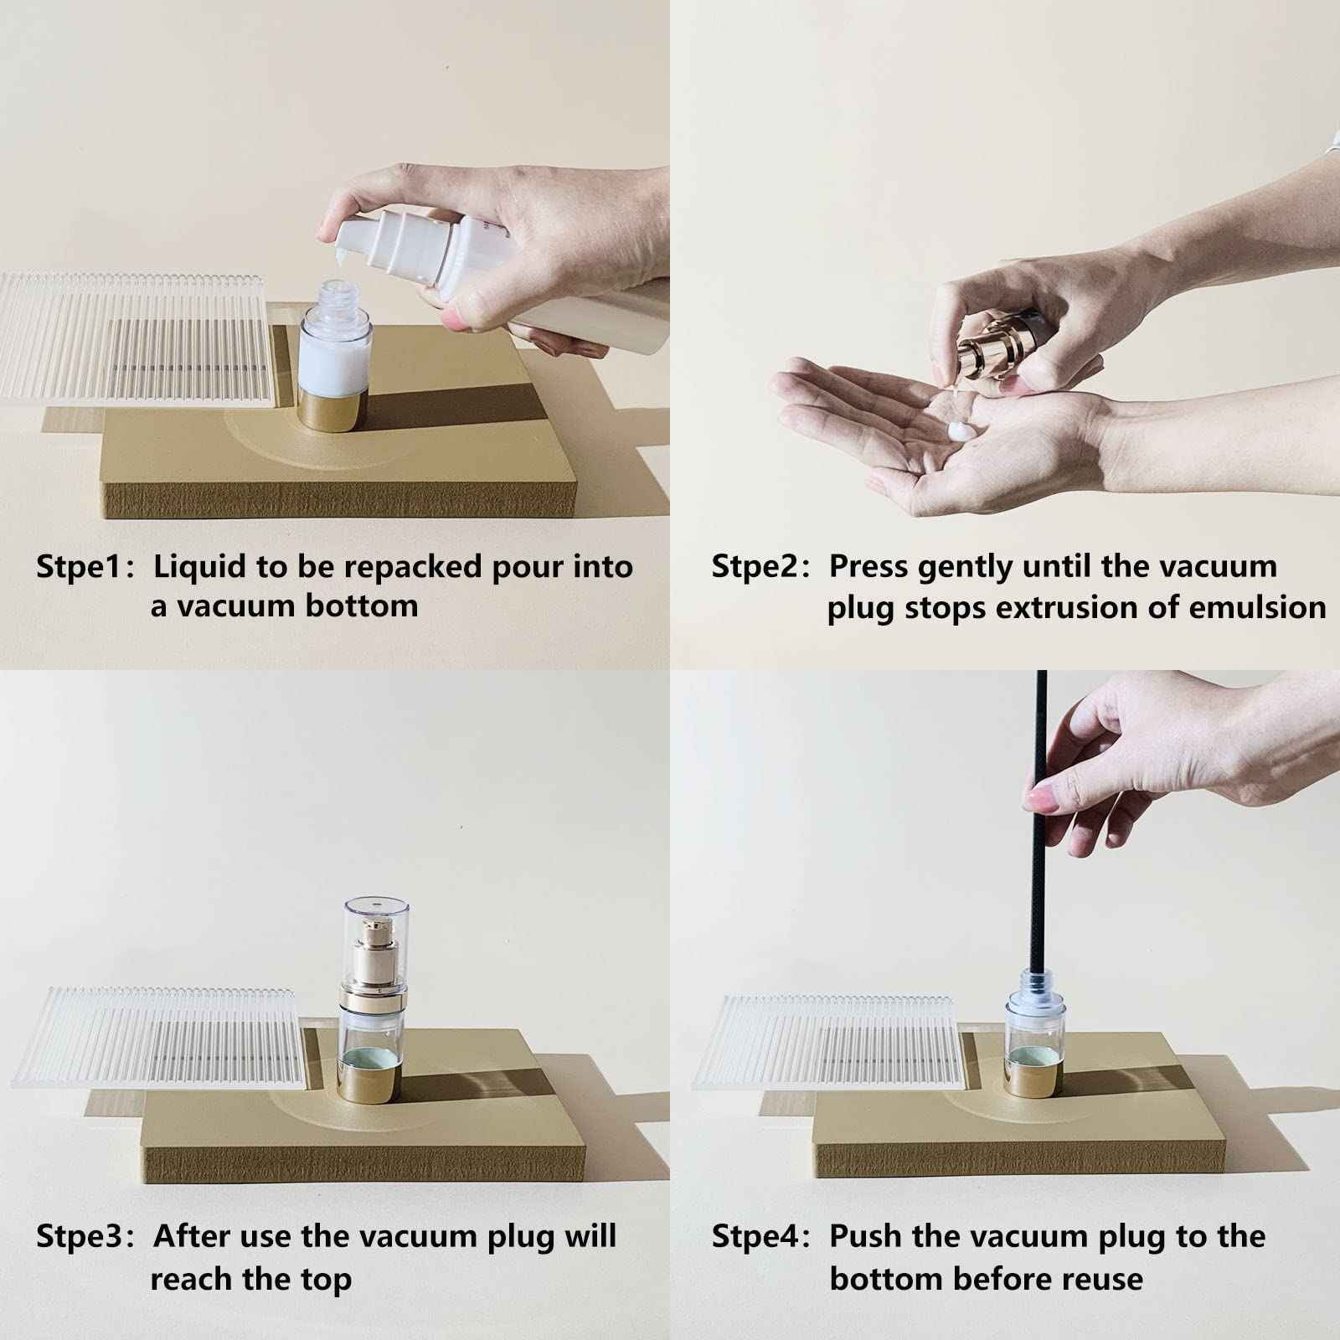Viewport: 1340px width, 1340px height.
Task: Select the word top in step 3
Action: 325,1281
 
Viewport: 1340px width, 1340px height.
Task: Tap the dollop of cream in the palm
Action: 961,431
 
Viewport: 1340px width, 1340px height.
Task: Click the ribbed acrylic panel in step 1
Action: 138,339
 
